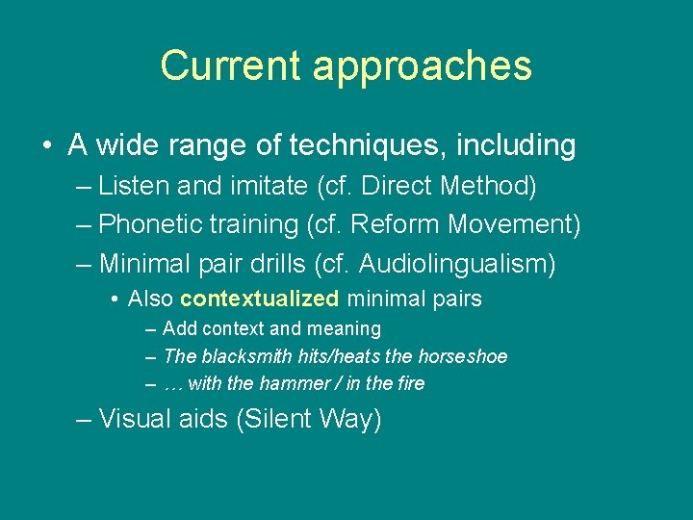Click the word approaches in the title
(422, 66)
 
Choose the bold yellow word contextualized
(259, 299)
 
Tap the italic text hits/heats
(333, 356)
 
